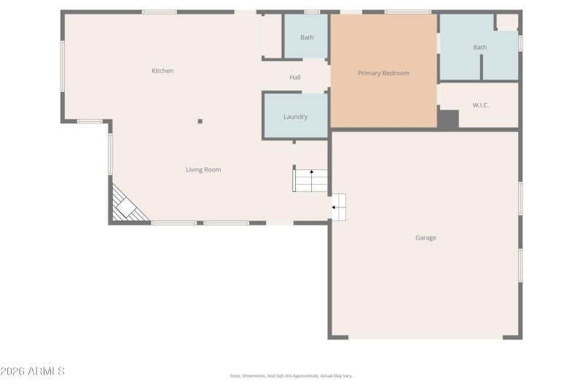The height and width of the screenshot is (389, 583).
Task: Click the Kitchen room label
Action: point(163,71)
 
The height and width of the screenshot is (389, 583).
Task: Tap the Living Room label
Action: point(203,170)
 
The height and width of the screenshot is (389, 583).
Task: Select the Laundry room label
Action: point(295,117)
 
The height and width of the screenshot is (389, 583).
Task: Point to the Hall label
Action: point(295,77)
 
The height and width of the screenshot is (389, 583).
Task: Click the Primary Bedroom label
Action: point(383,73)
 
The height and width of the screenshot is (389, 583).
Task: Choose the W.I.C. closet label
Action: point(480,105)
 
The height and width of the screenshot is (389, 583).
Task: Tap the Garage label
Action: point(426,238)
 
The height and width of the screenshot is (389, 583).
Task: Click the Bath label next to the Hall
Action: point(307,37)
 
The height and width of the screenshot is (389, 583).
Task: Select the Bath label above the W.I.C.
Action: point(480,47)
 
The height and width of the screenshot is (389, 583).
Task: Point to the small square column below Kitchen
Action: point(200,121)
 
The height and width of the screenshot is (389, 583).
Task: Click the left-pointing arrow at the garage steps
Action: point(334,207)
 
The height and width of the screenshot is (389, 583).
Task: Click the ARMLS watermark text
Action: point(33,371)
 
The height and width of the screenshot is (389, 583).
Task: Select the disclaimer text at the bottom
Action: point(291,376)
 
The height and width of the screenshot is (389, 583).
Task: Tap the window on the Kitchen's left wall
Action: point(63,66)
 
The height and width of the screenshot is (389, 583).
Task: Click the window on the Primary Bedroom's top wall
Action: point(407,12)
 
